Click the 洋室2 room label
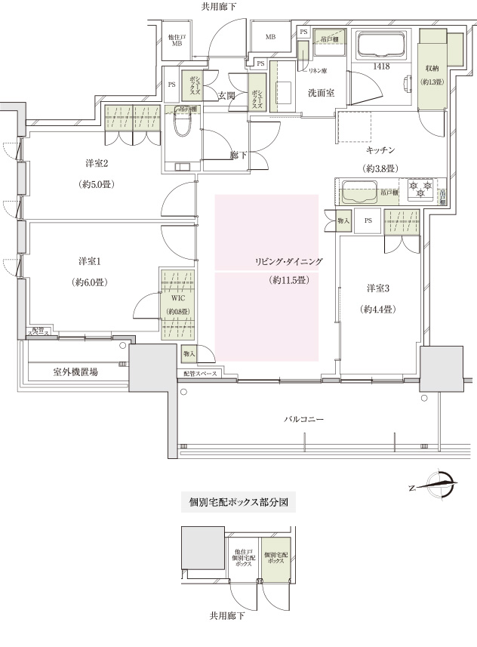point(96,164)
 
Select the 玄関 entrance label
point(226,96)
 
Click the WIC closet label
point(179,297)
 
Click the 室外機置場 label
point(75,372)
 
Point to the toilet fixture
point(182,133)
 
